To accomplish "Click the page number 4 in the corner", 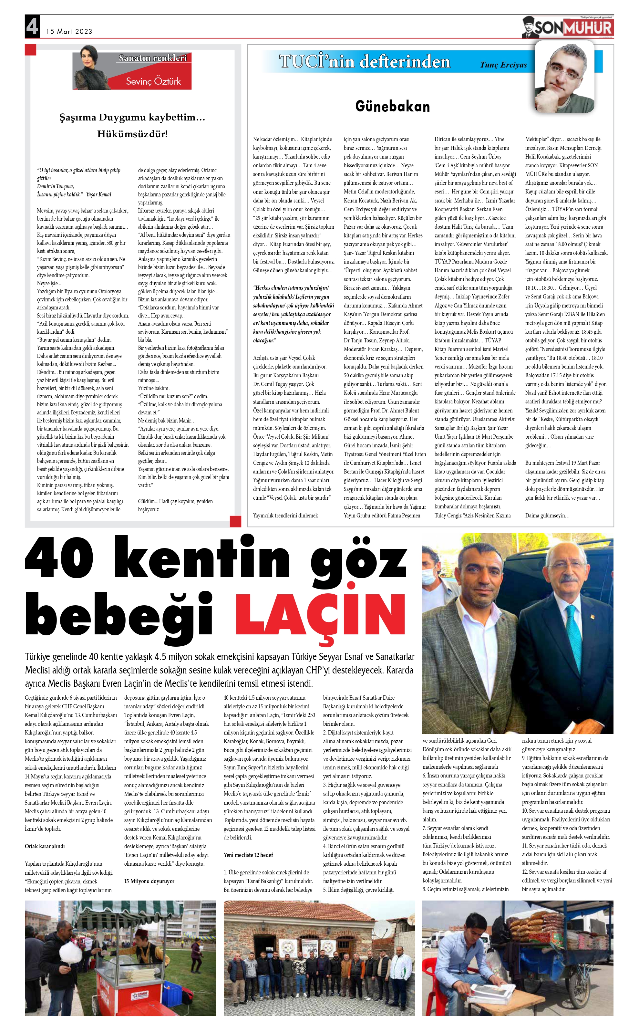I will pyautogui.click(x=32, y=26).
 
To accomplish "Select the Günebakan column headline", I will pyautogui.click(x=392, y=106).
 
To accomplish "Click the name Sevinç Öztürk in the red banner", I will pyautogui.click(x=153, y=81).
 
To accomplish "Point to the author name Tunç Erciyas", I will pyautogui.click(x=503, y=65).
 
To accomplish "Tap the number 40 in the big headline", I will pyautogui.click(x=59, y=558).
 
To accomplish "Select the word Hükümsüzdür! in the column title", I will pyautogui.click(x=132, y=134).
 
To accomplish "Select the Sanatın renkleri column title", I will pyautogui.click(x=152, y=58).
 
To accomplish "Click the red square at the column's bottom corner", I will pyautogui.click(x=235, y=521).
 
